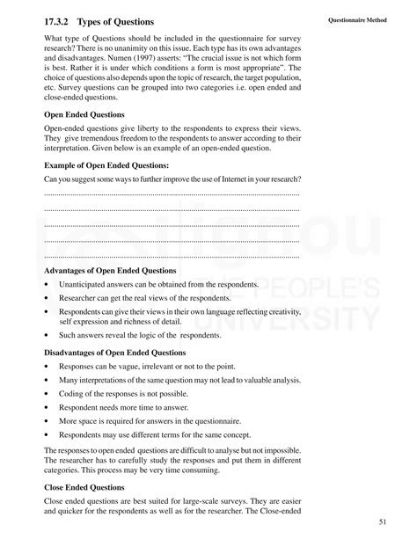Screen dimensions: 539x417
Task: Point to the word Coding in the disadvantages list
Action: point(70,395)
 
